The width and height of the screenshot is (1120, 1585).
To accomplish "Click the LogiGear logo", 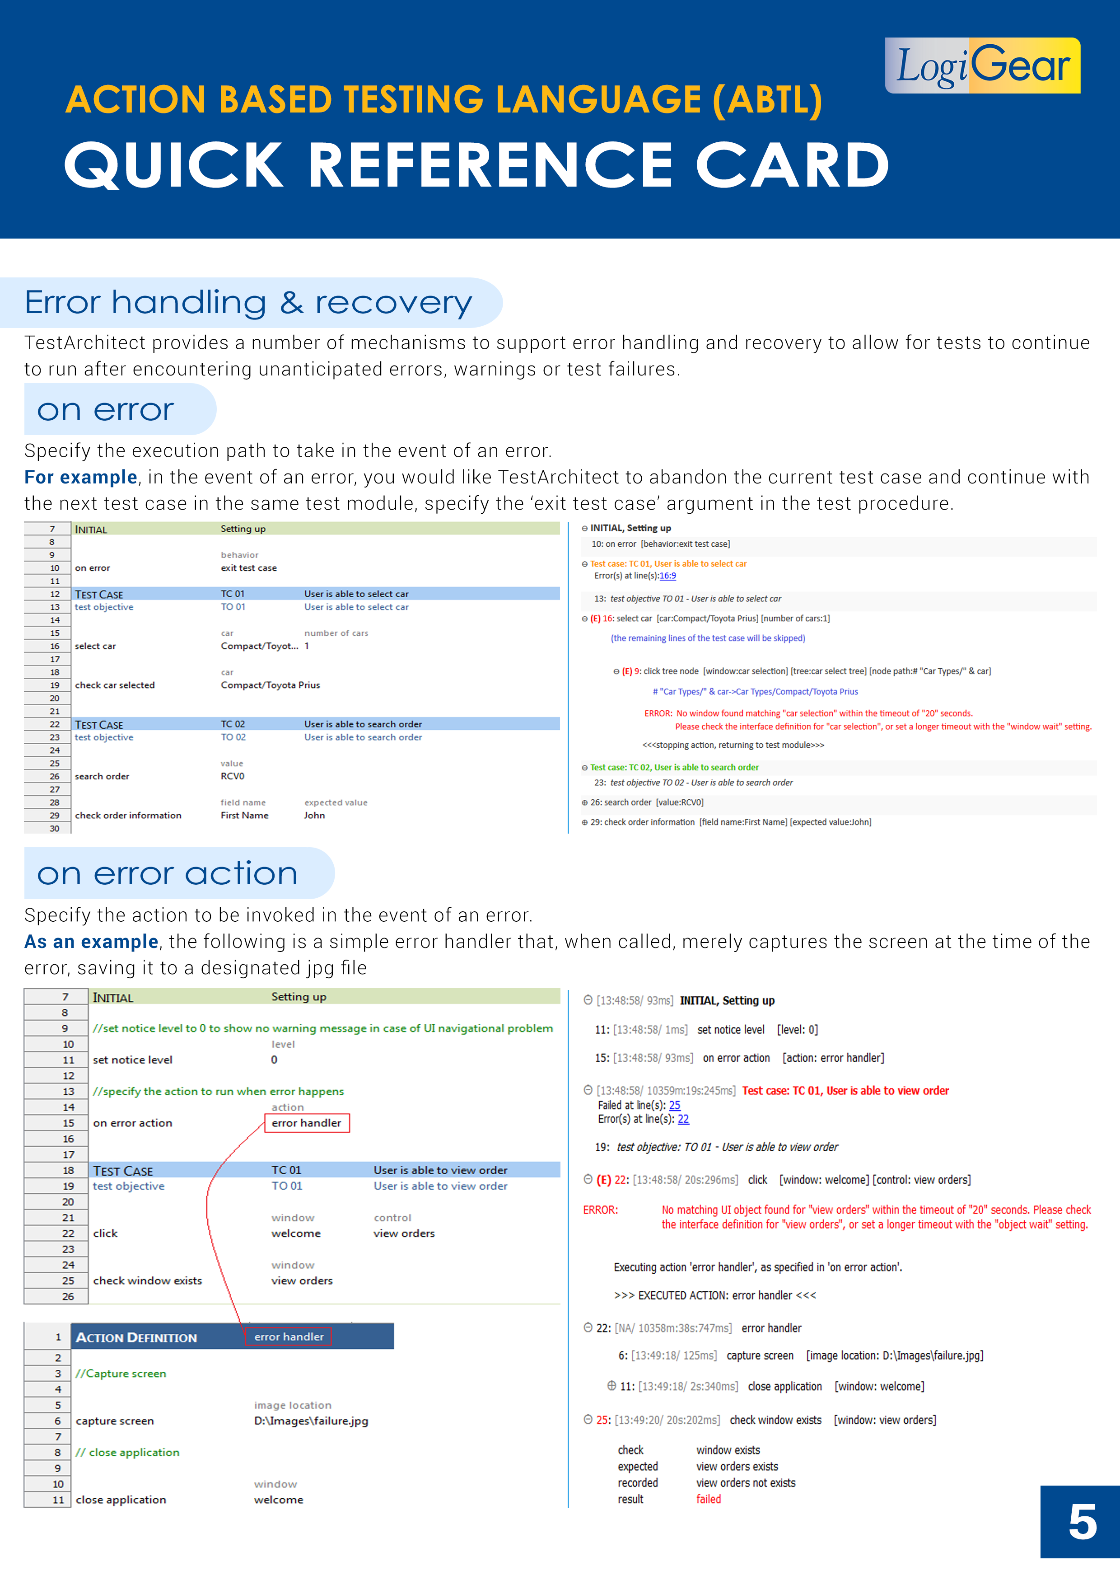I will coord(982,66).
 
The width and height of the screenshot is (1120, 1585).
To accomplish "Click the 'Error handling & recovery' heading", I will coord(248,303).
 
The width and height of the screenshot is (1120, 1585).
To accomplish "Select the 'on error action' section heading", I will coord(167,874).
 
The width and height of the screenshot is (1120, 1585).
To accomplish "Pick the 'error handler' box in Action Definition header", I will coord(289,1337).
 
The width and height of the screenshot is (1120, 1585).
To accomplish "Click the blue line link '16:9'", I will coord(667,576).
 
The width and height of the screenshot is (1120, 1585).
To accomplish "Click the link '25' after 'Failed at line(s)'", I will coord(674,1105).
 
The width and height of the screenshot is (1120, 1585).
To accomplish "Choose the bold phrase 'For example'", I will coord(81,477).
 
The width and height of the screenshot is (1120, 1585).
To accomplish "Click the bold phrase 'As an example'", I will coord(91,942).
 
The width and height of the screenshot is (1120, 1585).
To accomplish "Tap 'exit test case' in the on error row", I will coord(248,568).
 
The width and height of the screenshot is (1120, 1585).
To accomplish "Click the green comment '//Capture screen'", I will coord(121,1374).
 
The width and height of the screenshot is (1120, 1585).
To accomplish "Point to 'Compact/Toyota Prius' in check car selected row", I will coord(270,685).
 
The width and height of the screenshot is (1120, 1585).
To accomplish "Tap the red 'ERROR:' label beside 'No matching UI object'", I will coord(600,1210).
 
